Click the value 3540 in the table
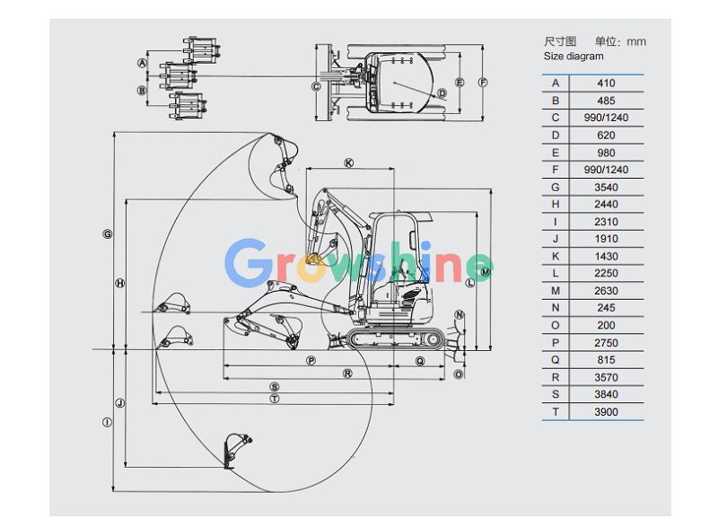pos(606,188)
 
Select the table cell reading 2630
pos(606,291)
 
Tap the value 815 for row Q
pos(606,360)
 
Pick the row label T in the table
pos(556,411)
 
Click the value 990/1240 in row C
pos(606,118)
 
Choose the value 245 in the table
pos(606,308)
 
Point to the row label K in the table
pos(556,257)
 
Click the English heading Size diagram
pos(574,57)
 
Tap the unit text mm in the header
pos(636,41)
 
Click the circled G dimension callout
pos(107,234)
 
